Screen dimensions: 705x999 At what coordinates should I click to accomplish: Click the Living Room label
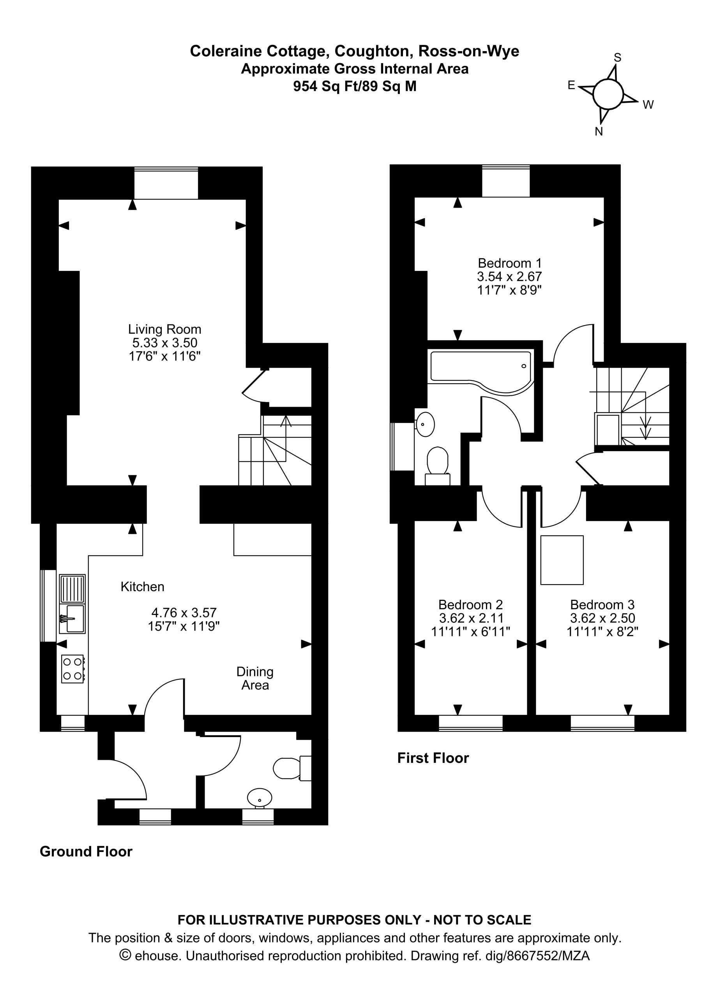(165, 329)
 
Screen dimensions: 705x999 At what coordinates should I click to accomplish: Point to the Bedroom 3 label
(603, 604)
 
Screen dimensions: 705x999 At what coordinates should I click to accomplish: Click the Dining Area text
(255, 678)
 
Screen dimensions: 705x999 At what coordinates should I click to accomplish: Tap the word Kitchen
(143, 587)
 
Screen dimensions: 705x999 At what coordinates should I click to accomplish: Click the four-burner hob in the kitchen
(72, 669)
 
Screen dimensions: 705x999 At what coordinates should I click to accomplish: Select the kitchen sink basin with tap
(72, 619)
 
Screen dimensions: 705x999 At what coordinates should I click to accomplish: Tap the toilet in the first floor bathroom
(438, 466)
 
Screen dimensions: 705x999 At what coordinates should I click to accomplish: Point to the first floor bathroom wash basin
(425, 424)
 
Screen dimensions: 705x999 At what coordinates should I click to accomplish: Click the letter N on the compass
(599, 132)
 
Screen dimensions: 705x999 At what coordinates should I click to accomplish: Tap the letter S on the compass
(617, 57)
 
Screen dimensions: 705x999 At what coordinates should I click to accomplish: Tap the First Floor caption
(433, 758)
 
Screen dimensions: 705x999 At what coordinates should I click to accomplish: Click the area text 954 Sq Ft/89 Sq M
(355, 87)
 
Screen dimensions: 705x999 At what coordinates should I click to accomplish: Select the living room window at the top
(166, 183)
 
